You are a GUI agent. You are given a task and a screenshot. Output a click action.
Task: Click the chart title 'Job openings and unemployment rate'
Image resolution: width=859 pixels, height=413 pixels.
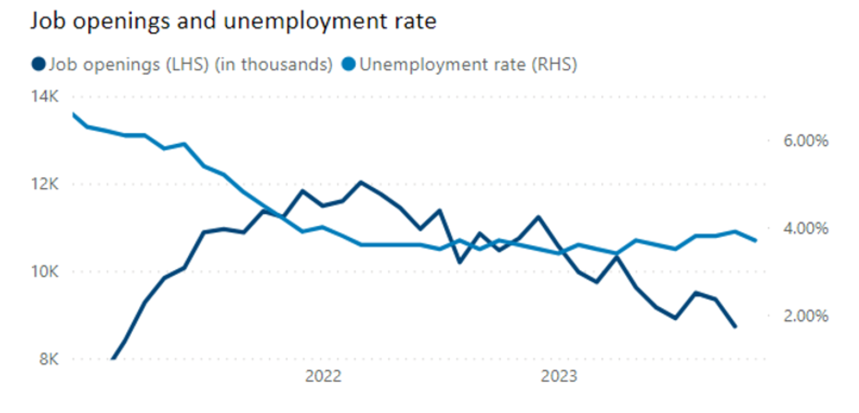coord(233,21)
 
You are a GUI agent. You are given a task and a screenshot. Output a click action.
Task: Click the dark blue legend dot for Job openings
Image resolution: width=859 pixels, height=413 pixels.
coord(38,64)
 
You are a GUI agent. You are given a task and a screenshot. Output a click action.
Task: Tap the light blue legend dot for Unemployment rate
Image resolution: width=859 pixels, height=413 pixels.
coord(348,64)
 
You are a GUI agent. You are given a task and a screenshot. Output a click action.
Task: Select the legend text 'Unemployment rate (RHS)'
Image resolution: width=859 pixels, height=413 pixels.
coord(468,65)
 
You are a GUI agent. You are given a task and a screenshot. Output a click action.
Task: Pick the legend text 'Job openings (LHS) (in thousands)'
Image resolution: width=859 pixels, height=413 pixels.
coord(190,65)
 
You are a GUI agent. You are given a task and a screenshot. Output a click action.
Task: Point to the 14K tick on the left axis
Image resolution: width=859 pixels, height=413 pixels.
coord(44,96)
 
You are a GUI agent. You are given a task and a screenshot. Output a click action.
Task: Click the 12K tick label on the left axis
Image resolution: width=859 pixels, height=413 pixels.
coord(44,184)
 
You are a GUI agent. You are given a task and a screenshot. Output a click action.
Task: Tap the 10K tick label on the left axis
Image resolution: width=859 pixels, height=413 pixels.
coord(44,271)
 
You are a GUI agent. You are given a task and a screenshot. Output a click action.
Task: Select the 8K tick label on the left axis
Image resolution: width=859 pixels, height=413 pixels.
coord(49,359)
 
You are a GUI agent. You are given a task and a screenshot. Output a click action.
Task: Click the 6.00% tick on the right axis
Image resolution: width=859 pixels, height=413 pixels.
coord(806,141)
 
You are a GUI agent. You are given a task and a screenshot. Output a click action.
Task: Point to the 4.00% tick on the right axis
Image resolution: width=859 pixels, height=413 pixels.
coord(806,228)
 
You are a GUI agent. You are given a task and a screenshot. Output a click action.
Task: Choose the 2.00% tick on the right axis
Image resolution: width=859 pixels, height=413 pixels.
coord(806,316)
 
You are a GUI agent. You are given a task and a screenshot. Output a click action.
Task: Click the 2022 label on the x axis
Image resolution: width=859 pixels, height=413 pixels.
coord(323,376)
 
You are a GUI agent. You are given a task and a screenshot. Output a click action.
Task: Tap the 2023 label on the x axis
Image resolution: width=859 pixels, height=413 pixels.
coord(559,376)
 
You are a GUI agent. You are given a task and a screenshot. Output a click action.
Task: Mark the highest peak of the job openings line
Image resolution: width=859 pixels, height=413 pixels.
coord(361,182)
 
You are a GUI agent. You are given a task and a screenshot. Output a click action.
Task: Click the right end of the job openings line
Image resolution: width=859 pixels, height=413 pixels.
coord(735,326)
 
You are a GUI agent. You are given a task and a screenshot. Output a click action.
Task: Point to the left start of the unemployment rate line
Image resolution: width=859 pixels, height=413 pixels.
coord(74,115)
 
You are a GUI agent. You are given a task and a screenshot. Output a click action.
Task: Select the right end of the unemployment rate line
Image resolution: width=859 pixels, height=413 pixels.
coord(755,240)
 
